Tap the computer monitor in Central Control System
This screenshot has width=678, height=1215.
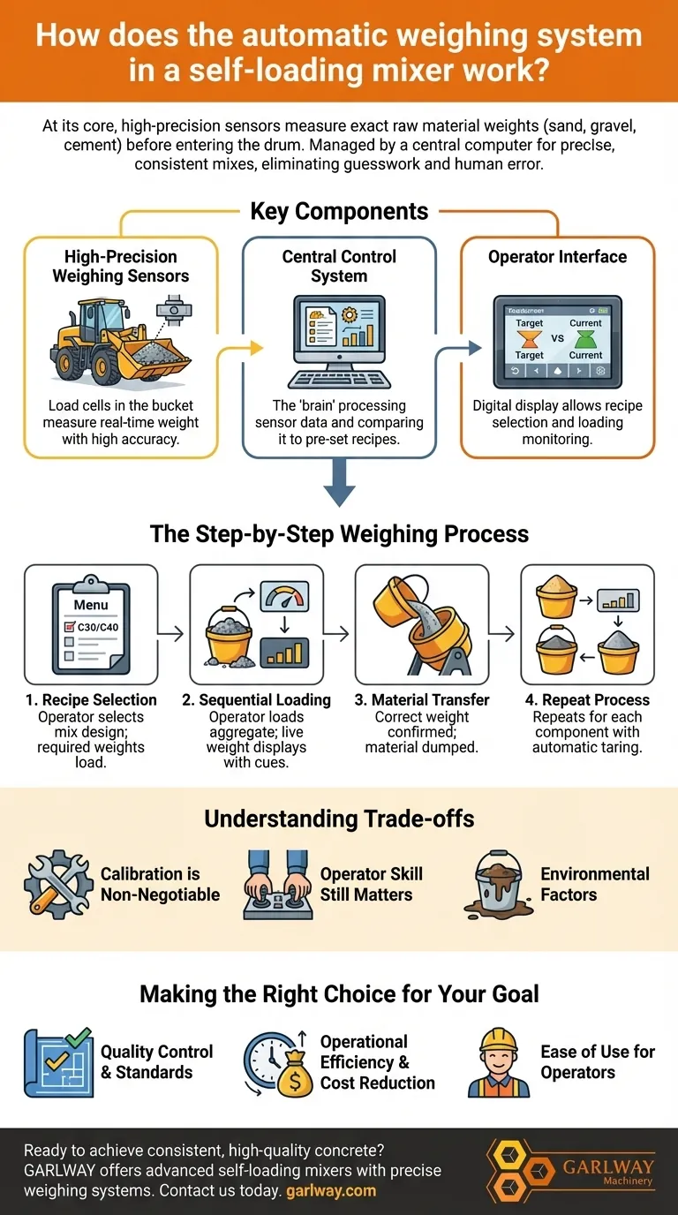(x=339, y=335)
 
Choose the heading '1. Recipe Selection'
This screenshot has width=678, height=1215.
(x=90, y=699)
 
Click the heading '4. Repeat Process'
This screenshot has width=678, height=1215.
(x=587, y=699)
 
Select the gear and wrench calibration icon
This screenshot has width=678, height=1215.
(x=58, y=884)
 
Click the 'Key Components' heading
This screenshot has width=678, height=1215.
(x=339, y=212)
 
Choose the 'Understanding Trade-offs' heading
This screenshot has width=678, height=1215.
(x=339, y=818)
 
